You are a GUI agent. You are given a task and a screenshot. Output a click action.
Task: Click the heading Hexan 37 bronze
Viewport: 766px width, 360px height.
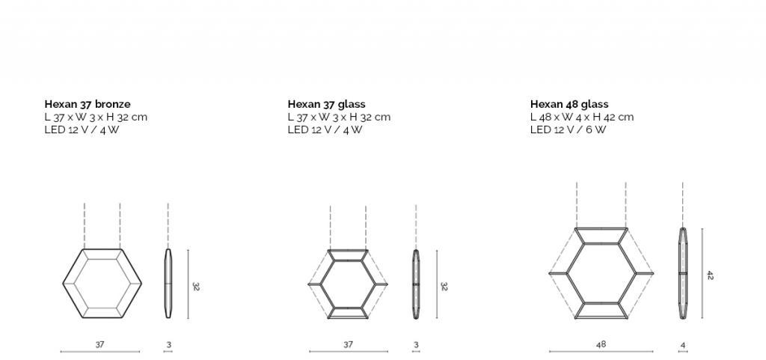(x=88, y=104)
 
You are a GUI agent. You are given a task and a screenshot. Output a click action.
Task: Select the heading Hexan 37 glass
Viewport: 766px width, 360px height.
(x=326, y=104)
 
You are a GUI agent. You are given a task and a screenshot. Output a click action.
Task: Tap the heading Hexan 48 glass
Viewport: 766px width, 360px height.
(x=569, y=104)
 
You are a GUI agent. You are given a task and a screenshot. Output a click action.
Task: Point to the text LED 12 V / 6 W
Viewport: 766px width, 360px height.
(x=568, y=129)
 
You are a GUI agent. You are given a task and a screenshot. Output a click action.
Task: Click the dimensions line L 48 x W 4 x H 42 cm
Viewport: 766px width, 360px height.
(x=582, y=117)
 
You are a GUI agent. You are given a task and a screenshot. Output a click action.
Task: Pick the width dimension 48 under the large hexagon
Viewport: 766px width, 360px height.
(x=601, y=344)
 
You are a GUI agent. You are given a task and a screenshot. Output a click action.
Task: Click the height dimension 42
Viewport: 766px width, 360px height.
(x=710, y=275)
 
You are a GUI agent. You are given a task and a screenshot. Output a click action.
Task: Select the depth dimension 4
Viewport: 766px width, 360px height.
(x=682, y=345)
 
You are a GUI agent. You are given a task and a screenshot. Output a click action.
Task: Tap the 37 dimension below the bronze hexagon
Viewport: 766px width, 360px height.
(x=99, y=344)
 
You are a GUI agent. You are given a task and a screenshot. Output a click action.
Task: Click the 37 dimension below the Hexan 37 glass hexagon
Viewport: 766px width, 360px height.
(x=348, y=344)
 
